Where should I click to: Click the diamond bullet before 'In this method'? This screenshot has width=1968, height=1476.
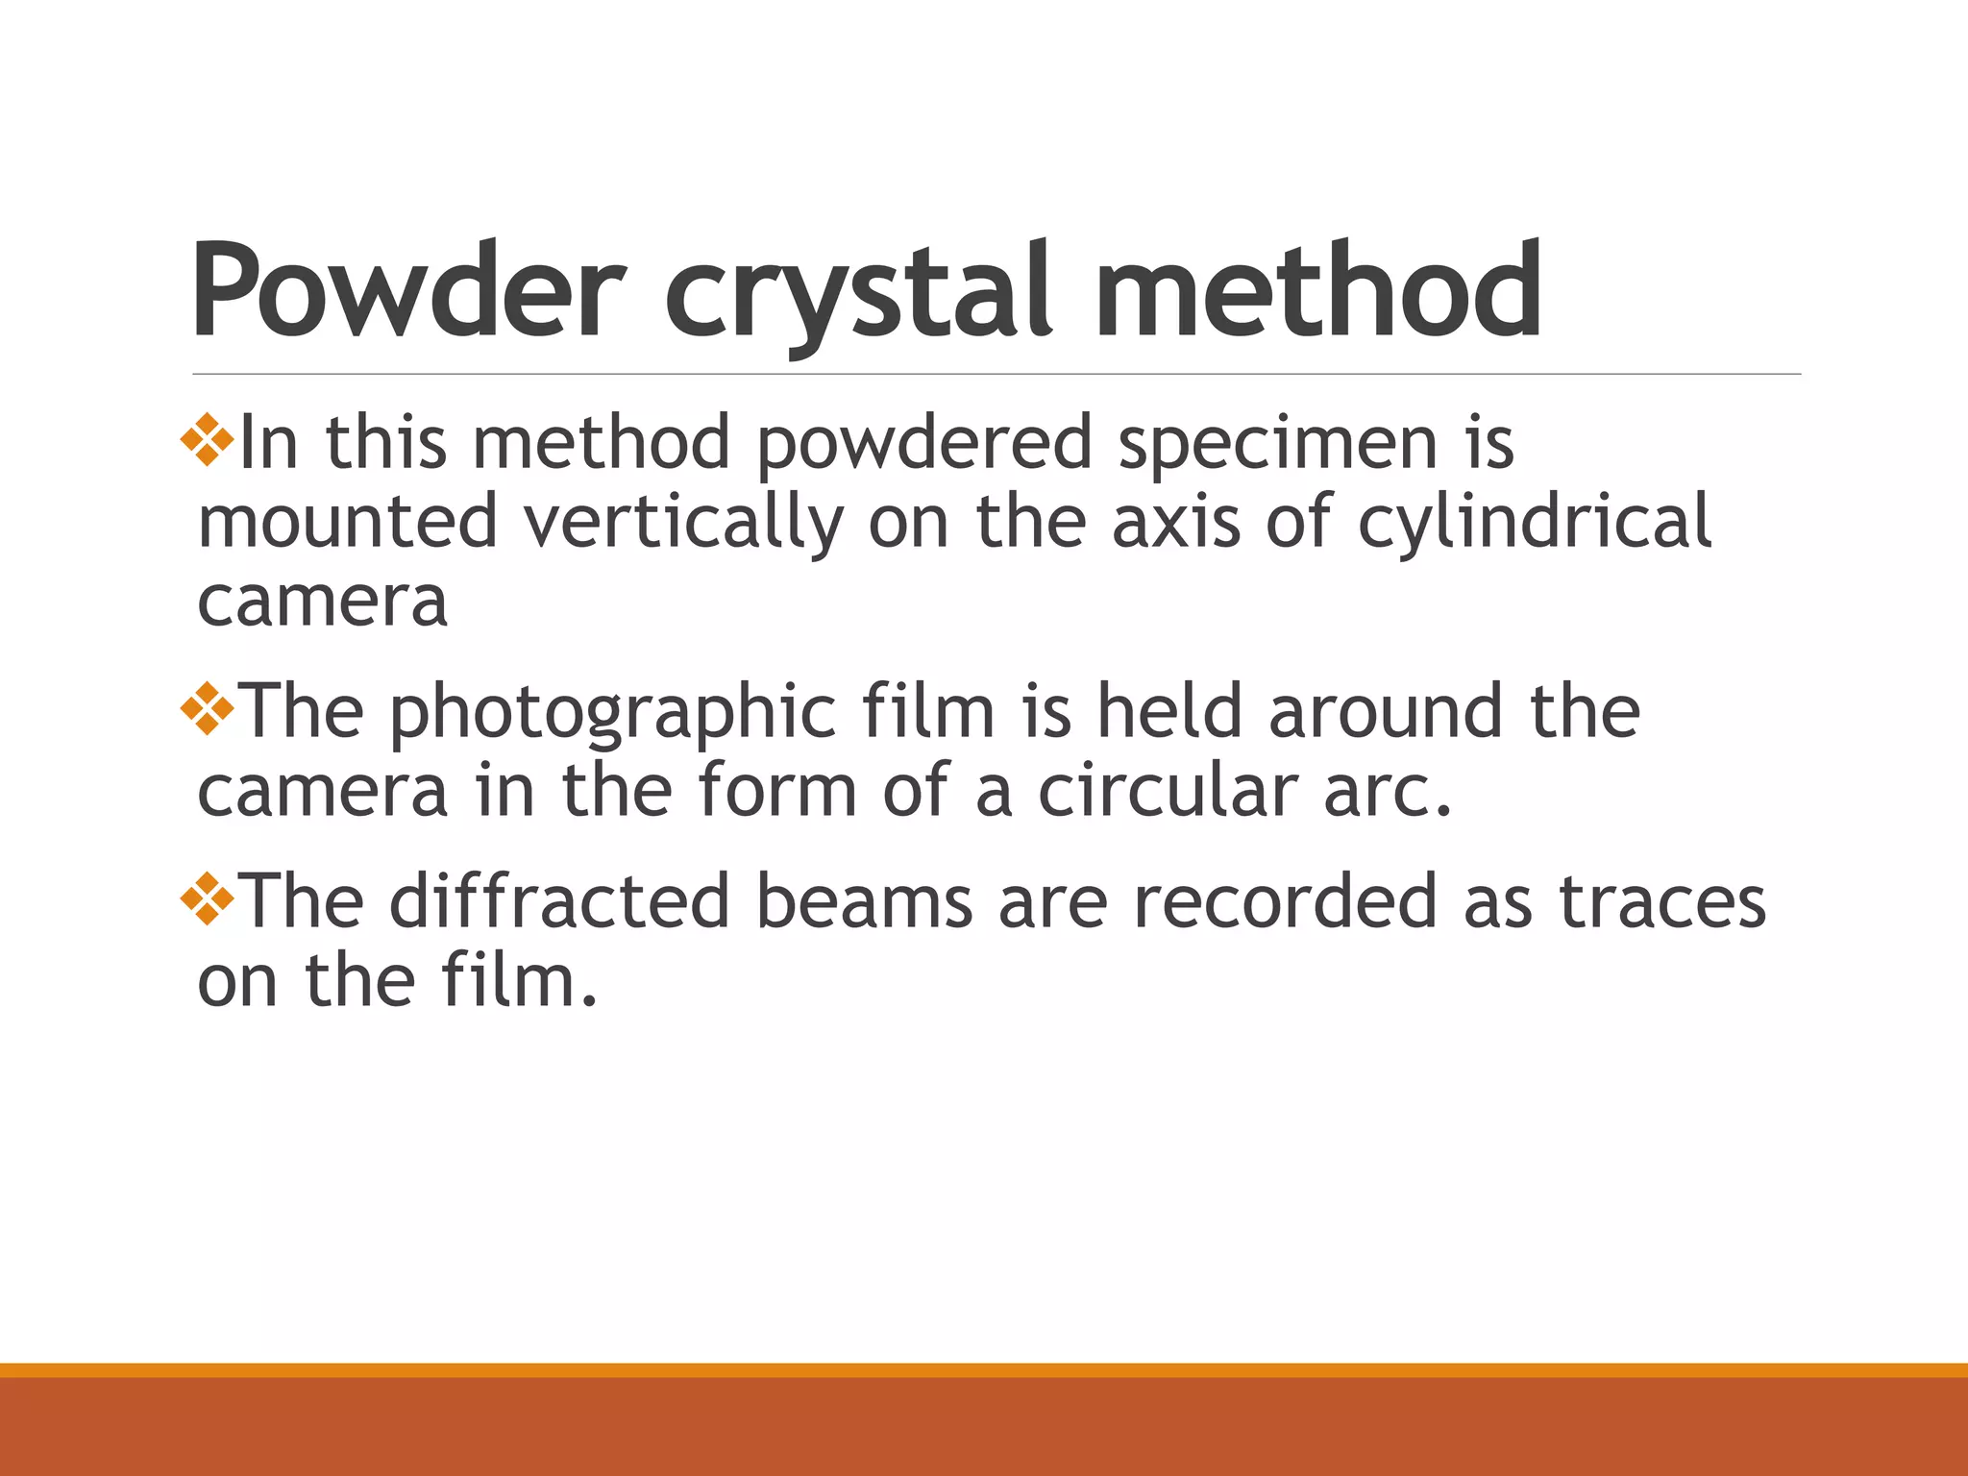pyautogui.click(x=208, y=441)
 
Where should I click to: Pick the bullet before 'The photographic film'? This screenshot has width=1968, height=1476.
pyautogui.click(x=208, y=710)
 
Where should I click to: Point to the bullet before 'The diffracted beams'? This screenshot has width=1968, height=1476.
pyautogui.click(x=208, y=900)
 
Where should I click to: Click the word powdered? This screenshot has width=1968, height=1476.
pyautogui.click(x=924, y=445)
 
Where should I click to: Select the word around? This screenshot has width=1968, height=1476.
pyautogui.click(x=1385, y=712)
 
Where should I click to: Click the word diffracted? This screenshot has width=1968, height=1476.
pyautogui.click(x=559, y=900)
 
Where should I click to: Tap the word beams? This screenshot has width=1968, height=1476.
pyautogui.click(x=864, y=900)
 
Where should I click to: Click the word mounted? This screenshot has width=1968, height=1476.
pyautogui.click(x=348, y=522)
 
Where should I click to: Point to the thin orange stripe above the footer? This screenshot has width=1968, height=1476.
pyautogui.click(x=984, y=1369)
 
